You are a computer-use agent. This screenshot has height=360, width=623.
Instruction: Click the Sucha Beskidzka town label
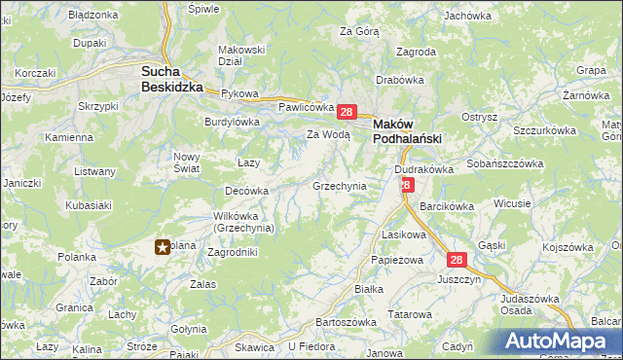(171, 79)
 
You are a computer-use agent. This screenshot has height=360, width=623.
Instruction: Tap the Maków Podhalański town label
(408, 131)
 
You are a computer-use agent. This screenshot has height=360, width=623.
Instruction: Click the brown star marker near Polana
(164, 247)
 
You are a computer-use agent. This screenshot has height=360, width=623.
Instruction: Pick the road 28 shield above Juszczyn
(458, 260)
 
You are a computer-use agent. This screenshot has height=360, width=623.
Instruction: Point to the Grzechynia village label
(339, 185)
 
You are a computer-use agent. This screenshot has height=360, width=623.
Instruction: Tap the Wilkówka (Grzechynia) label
(244, 222)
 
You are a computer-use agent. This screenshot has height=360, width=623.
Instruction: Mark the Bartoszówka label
(347, 322)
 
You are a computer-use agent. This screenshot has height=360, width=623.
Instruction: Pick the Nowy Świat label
(187, 162)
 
